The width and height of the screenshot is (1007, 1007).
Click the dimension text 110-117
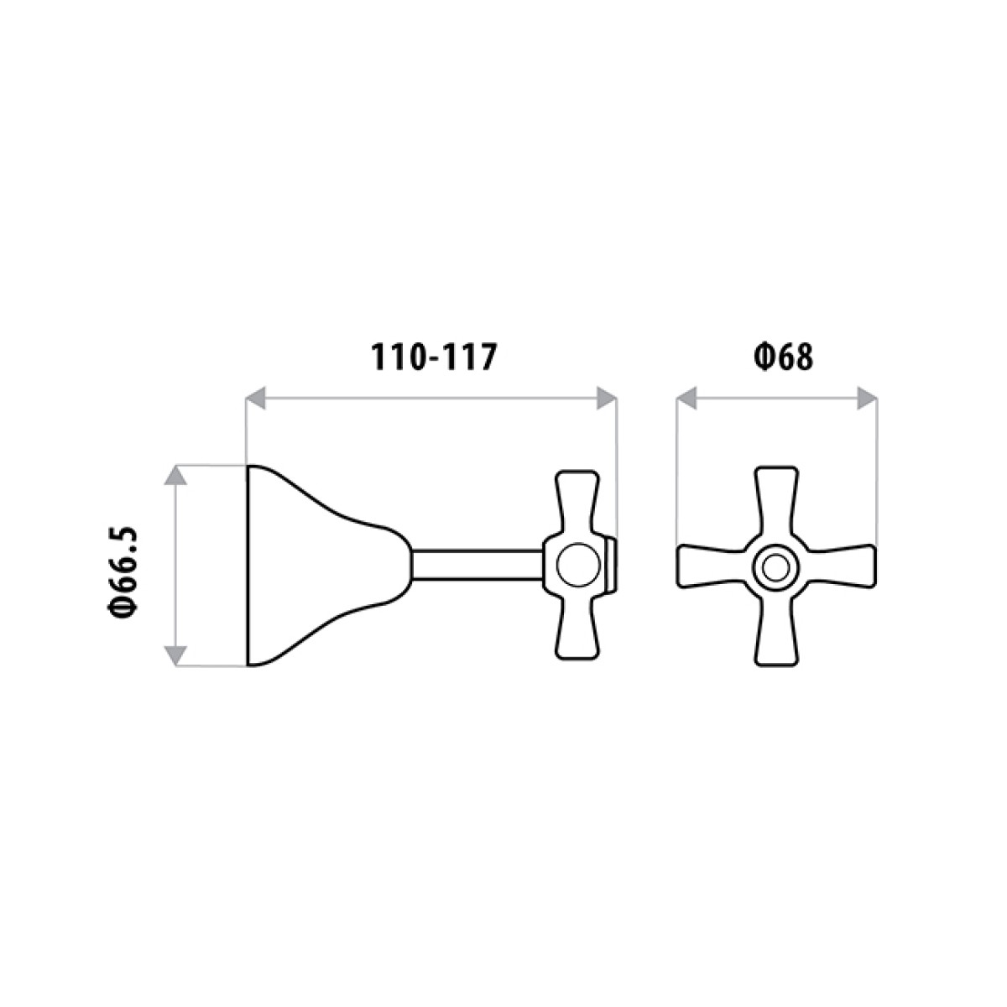[435, 357]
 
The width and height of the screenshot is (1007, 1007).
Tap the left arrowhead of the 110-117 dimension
[255, 398]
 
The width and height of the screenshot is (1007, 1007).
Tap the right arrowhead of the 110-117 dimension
[606, 398]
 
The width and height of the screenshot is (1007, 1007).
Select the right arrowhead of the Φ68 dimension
[866, 398]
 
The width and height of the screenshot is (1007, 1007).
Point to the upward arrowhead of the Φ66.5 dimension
[175, 476]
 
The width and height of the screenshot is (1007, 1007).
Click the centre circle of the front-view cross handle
[775, 567]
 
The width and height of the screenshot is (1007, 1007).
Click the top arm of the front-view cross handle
[775, 503]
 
